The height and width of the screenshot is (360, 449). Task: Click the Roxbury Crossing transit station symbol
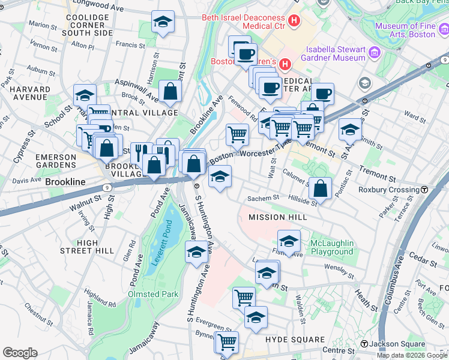(424, 190)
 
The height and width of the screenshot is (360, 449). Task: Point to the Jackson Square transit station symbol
(364, 344)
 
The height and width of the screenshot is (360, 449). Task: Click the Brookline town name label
(65, 182)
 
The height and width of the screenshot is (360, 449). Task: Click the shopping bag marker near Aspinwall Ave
(170, 91)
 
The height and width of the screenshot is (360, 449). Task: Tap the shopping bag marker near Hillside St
(321, 187)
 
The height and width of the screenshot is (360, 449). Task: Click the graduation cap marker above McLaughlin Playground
(289, 241)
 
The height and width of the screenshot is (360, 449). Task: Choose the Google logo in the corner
(20, 353)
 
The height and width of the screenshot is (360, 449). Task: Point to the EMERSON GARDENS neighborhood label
(55, 161)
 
